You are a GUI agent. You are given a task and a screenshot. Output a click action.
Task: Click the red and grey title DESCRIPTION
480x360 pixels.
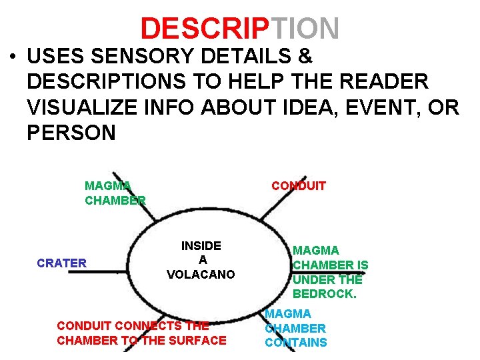pos(240,28)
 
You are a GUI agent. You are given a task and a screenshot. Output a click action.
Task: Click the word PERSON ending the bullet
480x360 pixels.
pos(71,132)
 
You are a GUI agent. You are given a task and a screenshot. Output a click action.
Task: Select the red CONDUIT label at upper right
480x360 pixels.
pos(298,186)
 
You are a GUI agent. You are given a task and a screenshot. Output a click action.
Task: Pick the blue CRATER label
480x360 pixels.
pos(62,263)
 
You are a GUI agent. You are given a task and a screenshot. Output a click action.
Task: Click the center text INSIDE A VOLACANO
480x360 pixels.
pos(201,260)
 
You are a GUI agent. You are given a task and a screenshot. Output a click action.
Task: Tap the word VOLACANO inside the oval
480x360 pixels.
pos(201,274)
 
